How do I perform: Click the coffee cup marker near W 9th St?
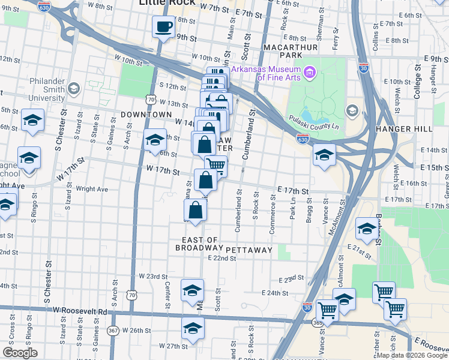[163, 27]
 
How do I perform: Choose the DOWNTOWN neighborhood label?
[146, 114]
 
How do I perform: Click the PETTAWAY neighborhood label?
[249, 249]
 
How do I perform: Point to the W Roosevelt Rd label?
[79, 311]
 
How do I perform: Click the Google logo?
[19, 353]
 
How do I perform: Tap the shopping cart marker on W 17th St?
[215, 166]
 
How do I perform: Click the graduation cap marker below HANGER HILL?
[324, 155]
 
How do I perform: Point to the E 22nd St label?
[221, 258]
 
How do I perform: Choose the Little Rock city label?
[167, 3]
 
